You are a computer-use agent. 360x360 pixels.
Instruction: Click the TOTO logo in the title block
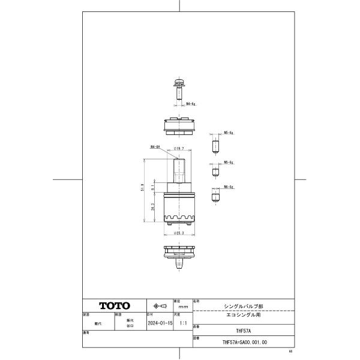click(x=114, y=305)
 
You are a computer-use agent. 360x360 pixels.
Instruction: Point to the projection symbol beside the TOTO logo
click(x=159, y=305)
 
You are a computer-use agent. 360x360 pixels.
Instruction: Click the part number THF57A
click(x=243, y=330)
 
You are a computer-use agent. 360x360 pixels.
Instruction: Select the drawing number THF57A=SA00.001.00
click(x=243, y=343)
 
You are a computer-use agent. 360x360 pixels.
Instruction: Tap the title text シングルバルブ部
click(x=243, y=304)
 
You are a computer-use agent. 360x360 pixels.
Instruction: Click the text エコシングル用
click(x=243, y=314)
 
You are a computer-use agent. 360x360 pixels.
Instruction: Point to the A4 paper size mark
click(x=290, y=352)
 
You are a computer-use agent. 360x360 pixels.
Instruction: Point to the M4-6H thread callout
click(x=154, y=146)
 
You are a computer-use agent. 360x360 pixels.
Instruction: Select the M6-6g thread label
click(x=228, y=187)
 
